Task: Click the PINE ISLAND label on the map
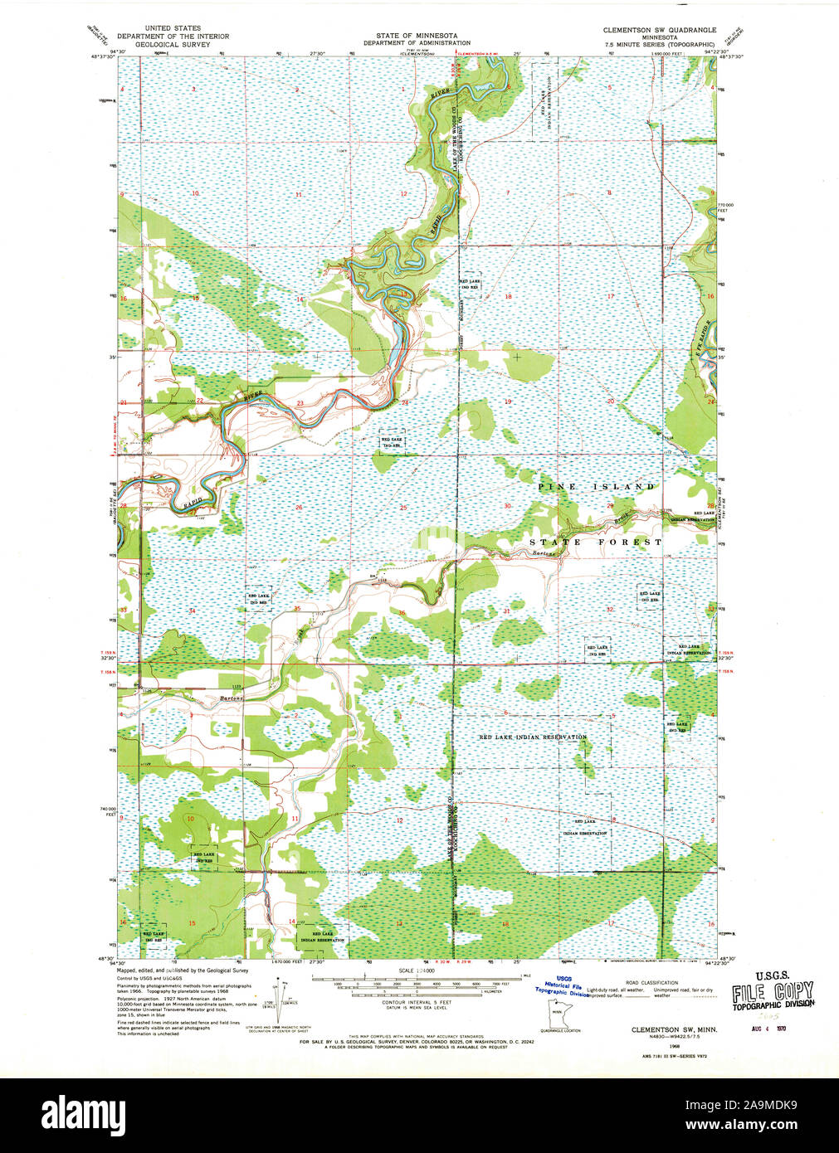[x=596, y=486]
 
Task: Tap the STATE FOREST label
[x=596, y=542]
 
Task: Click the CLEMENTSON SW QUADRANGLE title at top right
[x=659, y=29]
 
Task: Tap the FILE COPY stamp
[x=772, y=992]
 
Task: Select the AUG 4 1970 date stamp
[x=769, y=1028]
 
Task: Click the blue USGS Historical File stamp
[x=563, y=985]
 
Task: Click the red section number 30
[x=507, y=505]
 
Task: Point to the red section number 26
[x=298, y=507]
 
